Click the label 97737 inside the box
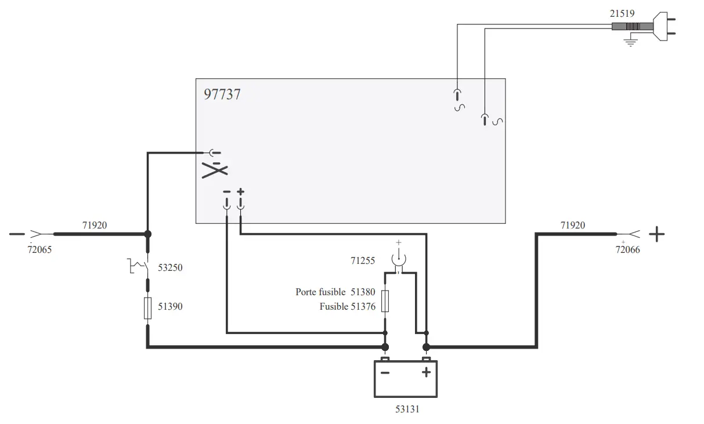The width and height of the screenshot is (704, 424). (222, 94)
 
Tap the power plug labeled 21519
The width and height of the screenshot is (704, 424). (662, 27)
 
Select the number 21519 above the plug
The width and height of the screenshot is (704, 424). (622, 13)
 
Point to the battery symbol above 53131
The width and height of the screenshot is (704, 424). (405, 378)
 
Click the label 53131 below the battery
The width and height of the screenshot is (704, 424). (406, 409)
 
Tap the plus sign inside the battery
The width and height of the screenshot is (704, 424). (426, 372)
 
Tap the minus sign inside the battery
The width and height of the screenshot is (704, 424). (385, 372)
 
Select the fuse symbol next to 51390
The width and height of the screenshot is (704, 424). (147, 307)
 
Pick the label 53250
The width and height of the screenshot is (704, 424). (170, 268)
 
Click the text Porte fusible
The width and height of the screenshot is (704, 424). (320, 292)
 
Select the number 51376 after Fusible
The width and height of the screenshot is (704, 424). (363, 307)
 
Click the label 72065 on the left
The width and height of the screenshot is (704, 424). (40, 251)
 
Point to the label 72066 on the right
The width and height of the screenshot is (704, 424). (628, 251)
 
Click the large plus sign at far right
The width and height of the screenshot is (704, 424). (656, 234)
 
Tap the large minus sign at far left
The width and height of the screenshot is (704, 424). (17, 234)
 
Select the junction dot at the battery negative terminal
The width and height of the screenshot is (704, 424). (384, 347)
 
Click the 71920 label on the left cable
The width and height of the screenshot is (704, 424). (95, 225)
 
